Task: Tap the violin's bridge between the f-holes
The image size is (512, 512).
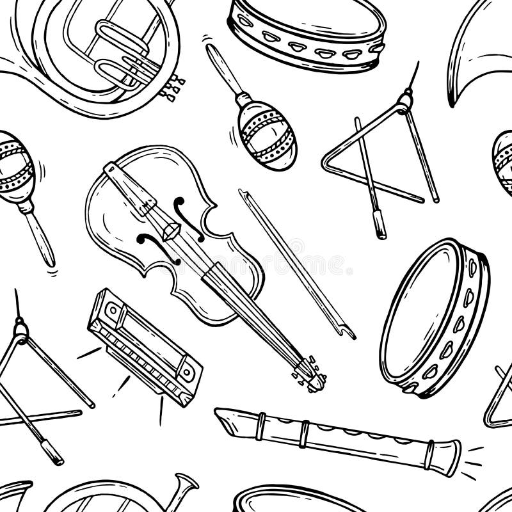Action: point(172,229)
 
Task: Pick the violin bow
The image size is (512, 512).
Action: point(294,262)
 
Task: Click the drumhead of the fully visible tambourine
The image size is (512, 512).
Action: point(419,314)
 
